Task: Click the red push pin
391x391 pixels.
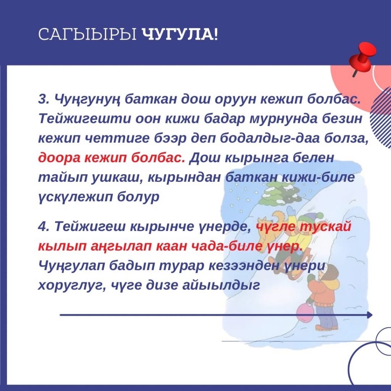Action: (x=362, y=58)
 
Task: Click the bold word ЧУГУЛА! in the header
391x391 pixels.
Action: (x=180, y=34)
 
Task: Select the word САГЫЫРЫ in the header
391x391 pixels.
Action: (x=88, y=34)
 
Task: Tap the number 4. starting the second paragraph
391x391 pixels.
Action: (x=44, y=226)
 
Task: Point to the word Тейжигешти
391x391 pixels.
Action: (x=84, y=119)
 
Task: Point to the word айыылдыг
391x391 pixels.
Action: (x=221, y=285)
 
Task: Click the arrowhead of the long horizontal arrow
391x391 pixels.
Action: (x=370, y=315)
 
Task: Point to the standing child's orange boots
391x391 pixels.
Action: (x=326, y=327)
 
